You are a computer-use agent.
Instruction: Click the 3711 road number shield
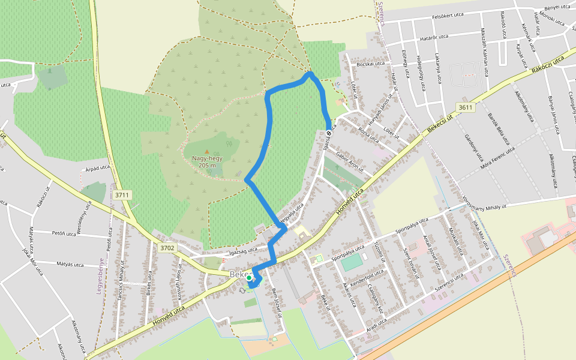click(122, 195)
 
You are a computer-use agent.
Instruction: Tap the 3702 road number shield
click(167, 247)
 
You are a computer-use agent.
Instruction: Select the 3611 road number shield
click(465, 107)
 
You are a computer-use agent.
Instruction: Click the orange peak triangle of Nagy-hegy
click(207, 151)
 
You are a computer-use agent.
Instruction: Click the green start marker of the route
click(249, 278)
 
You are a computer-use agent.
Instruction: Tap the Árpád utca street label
click(97, 170)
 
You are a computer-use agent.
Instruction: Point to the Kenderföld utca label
click(367, 279)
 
